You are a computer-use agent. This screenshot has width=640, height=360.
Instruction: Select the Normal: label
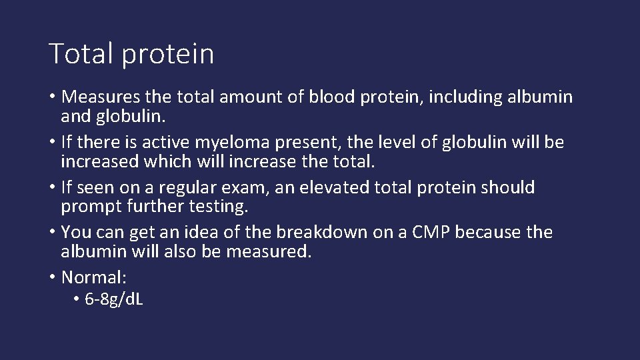click(x=93, y=277)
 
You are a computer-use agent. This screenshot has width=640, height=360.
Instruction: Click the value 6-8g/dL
click(x=114, y=299)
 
